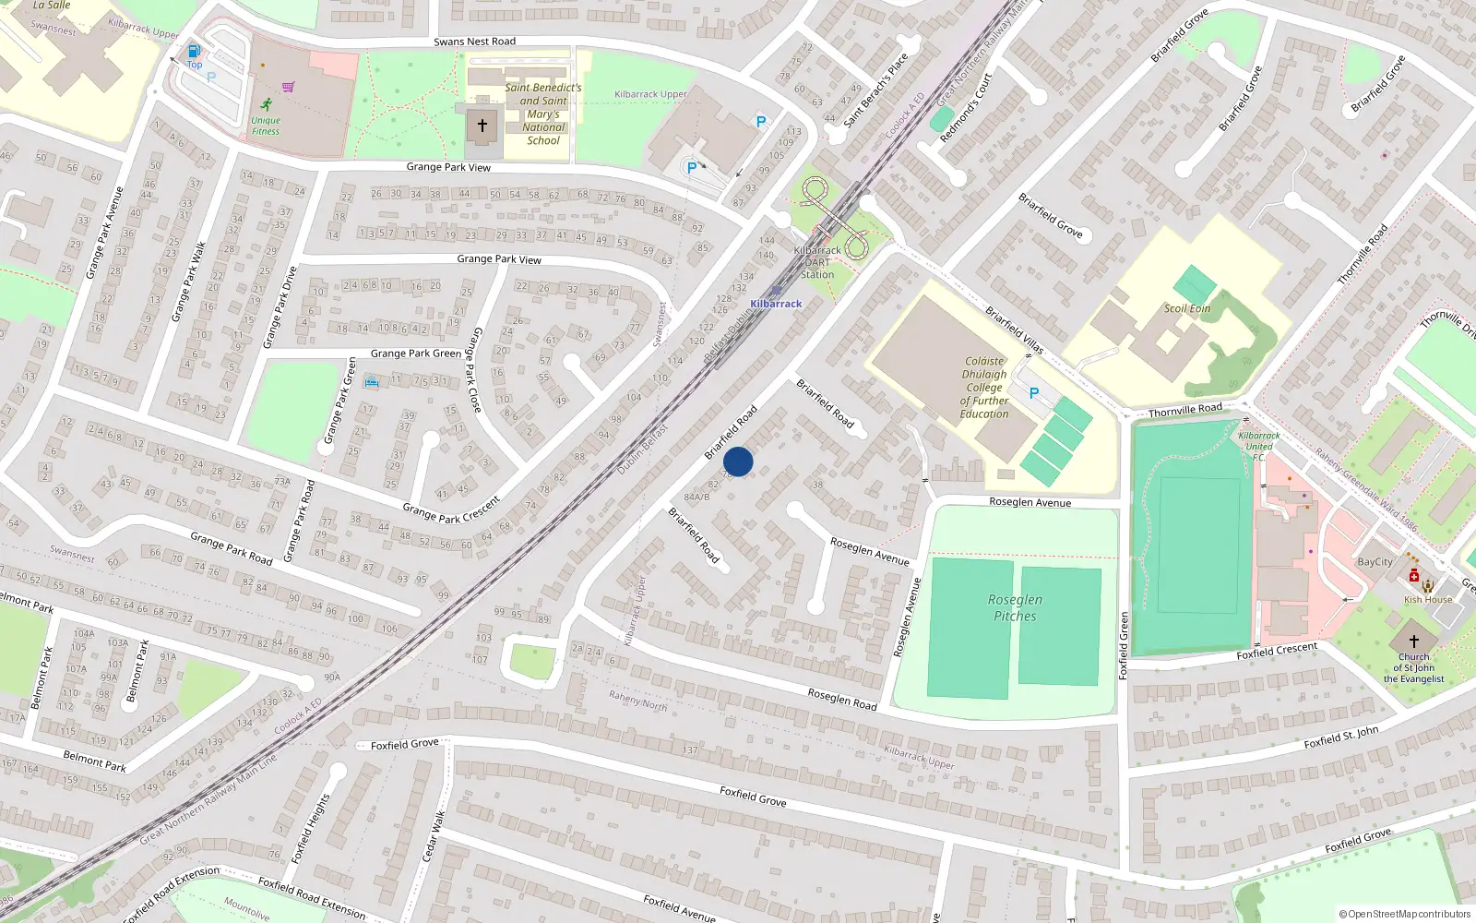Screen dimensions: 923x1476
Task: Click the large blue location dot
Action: [x=738, y=461]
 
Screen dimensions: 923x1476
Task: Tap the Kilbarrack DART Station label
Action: [x=817, y=262]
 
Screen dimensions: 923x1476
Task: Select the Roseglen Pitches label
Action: [x=1015, y=607]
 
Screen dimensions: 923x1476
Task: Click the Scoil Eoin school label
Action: [x=1187, y=308]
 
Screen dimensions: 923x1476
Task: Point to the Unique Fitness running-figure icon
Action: [x=267, y=104]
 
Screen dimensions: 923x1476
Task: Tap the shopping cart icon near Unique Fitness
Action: [x=289, y=87]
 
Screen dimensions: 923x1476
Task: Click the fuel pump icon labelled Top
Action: [x=194, y=52]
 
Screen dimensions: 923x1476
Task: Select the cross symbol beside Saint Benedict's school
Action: [x=482, y=125]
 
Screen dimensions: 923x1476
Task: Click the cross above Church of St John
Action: [x=1413, y=641]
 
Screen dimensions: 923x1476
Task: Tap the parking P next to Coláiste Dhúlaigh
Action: [x=1034, y=393]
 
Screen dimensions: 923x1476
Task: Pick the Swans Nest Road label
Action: [x=474, y=42]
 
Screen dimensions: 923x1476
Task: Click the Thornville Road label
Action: [x=1185, y=410]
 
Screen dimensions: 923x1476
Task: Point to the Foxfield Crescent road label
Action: [x=1277, y=651]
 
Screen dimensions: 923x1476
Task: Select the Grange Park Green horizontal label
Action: [x=415, y=354]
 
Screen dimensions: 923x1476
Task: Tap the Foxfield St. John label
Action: [x=1341, y=737]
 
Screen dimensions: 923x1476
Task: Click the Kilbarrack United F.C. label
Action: [x=1258, y=446]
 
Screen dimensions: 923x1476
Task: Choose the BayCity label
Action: [x=1375, y=562]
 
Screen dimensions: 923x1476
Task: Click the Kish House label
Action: [x=1428, y=600]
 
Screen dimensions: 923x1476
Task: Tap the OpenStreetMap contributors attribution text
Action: [x=1405, y=914]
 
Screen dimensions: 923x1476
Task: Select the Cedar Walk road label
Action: [x=434, y=836]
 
